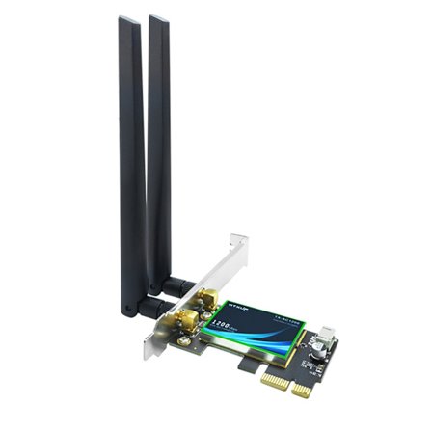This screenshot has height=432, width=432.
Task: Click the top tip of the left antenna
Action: [125, 20]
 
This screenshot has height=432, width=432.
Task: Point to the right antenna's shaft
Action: [159, 145]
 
